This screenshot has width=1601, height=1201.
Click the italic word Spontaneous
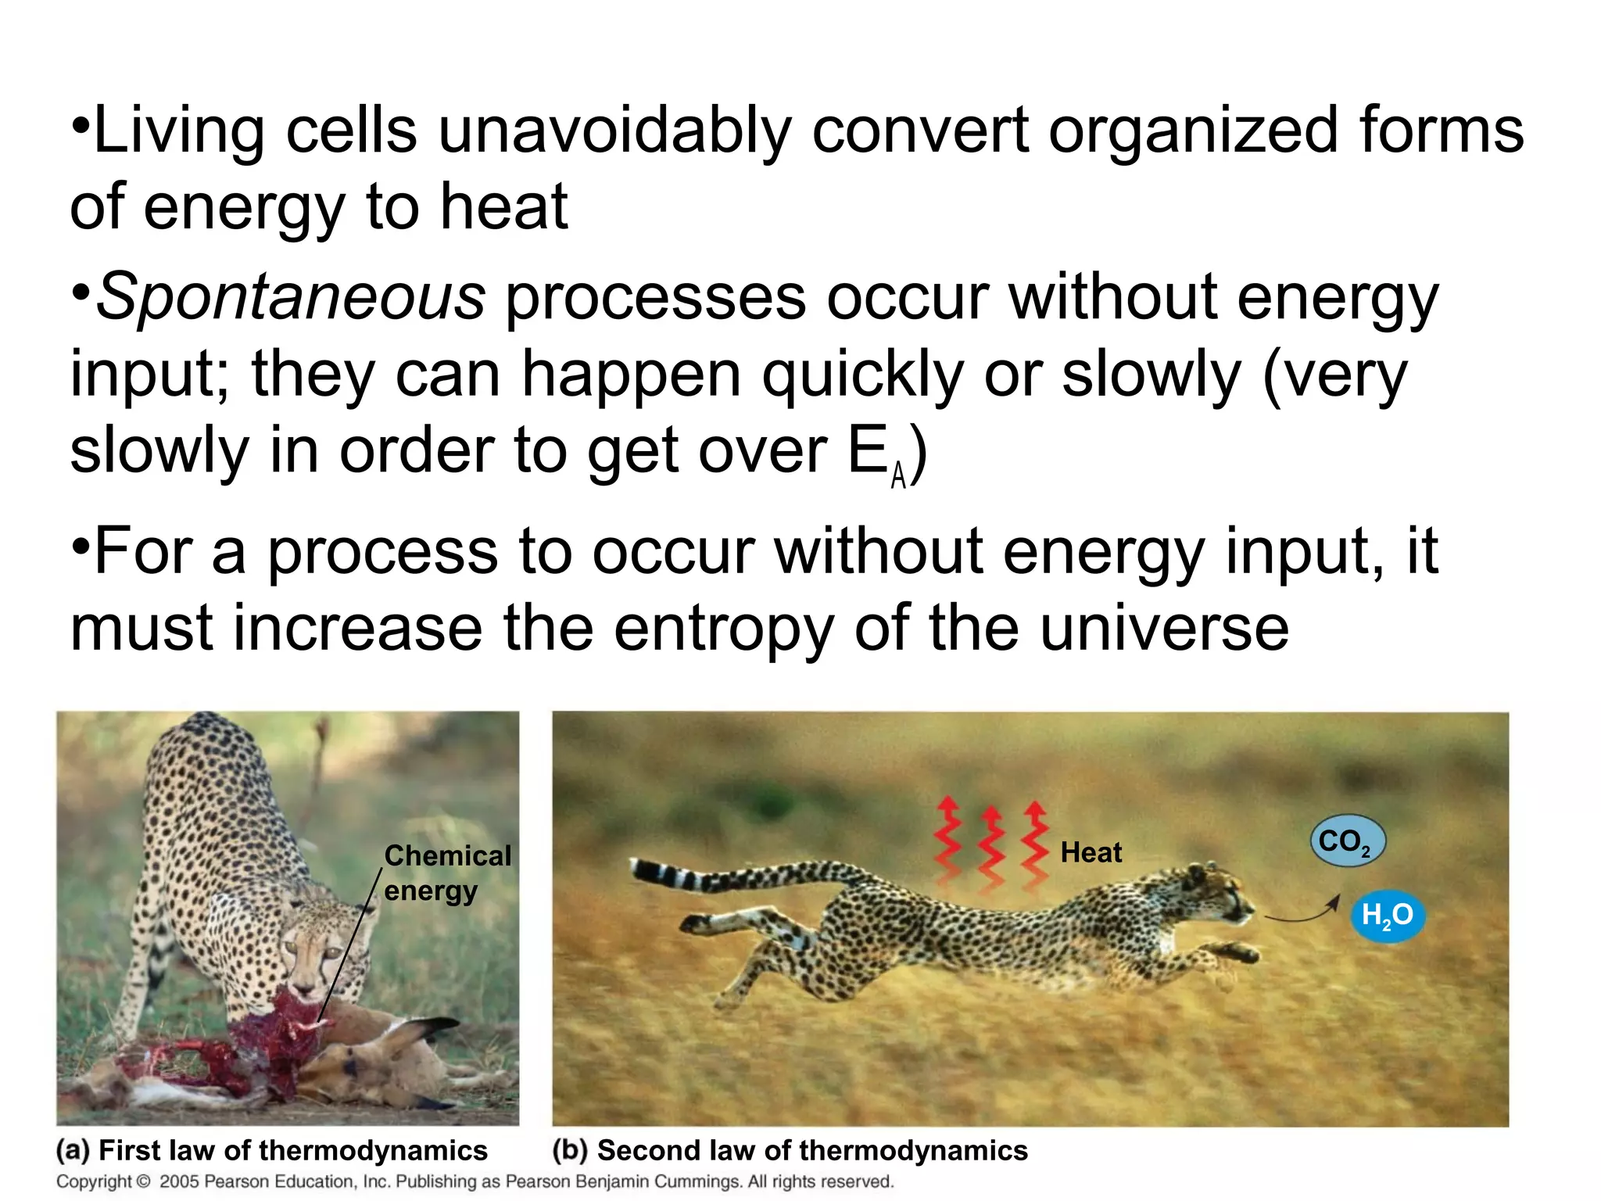coord(291,299)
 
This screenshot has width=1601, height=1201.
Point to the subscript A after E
coord(898,475)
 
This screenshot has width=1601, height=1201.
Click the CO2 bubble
coord(1347,841)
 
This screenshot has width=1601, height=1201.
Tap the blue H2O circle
coord(1388,915)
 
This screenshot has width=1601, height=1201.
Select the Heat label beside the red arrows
coord(1091,852)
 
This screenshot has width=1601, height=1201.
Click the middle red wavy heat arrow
coord(991,848)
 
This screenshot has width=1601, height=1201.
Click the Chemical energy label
coord(446,873)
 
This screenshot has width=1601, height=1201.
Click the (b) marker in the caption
coord(569,1150)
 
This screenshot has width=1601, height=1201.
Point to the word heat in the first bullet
coord(503,207)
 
